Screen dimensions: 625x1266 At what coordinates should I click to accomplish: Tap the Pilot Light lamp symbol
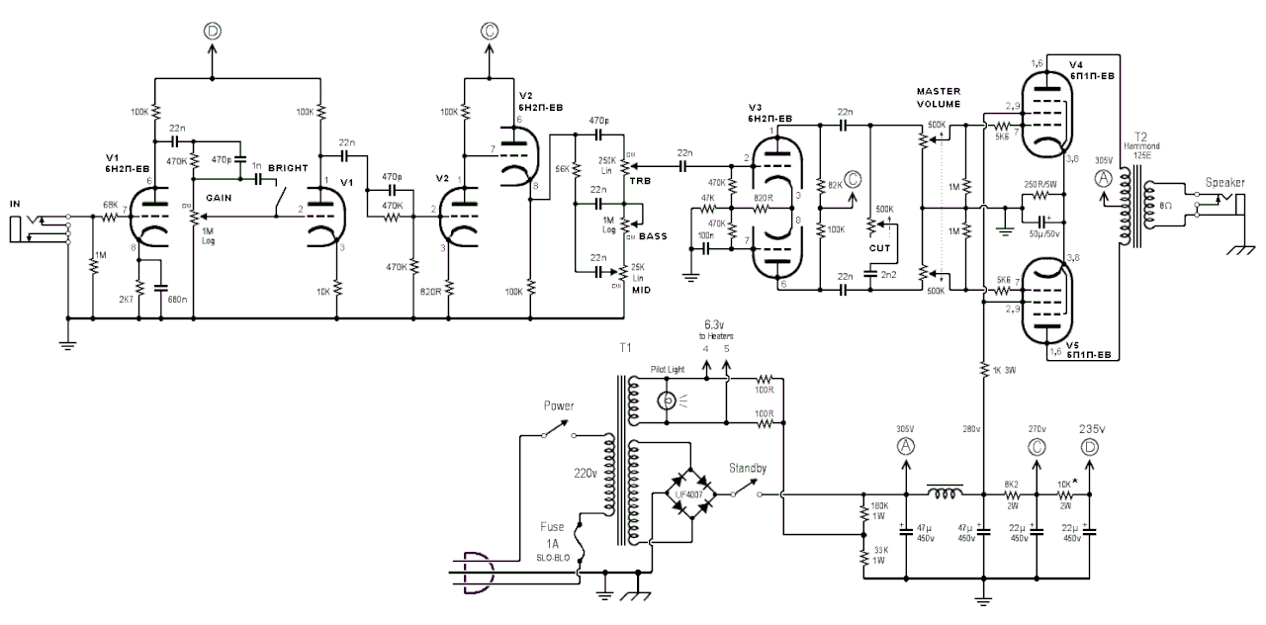click(x=669, y=401)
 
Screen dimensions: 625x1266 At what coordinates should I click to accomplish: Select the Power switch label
click(x=560, y=405)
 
